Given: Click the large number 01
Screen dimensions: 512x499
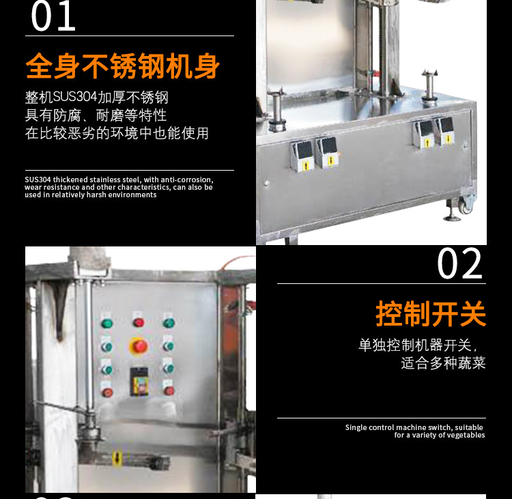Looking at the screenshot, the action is [x=53, y=16].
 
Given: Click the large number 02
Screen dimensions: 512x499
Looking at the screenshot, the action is [x=459, y=263].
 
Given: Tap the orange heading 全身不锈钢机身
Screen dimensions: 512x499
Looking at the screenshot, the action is [x=122, y=66].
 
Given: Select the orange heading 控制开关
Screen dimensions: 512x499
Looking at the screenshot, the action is [x=431, y=313].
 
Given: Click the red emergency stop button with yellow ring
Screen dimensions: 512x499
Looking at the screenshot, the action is [x=139, y=346].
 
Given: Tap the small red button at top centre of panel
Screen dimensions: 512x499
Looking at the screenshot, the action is [x=139, y=323].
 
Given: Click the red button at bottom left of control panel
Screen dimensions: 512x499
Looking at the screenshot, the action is [x=107, y=393].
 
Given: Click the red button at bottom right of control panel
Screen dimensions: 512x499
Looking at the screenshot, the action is [x=169, y=390].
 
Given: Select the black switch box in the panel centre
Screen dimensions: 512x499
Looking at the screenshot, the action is [x=139, y=382].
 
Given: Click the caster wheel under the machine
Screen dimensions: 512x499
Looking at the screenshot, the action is [x=466, y=205].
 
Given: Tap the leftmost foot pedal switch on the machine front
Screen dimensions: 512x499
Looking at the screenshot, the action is [x=302, y=156].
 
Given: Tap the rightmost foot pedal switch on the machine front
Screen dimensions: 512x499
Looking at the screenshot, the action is [x=444, y=130].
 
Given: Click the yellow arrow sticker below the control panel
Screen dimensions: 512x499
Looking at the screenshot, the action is [x=117, y=458].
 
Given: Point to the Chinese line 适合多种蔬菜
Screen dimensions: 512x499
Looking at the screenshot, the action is [x=444, y=363].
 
